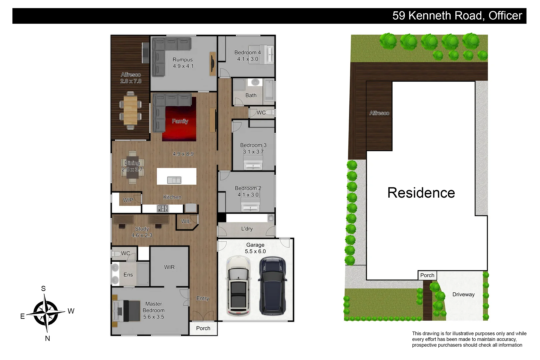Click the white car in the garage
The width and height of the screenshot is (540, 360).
(238, 286)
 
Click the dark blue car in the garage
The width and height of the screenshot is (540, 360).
(273, 286)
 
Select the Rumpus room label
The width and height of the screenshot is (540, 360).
(183, 60)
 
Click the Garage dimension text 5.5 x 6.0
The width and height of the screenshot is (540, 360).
(255, 251)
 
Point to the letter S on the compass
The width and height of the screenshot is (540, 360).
(43, 289)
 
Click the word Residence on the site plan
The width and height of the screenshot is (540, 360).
(421, 193)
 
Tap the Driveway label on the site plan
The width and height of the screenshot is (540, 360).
(463, 294)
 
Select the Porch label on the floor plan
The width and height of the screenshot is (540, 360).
(203, 328)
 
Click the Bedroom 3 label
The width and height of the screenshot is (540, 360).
(253, 145)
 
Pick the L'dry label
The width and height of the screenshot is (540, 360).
(247, 229)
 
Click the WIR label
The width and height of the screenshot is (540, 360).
(169, 267)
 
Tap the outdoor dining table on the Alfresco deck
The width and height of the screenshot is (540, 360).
(130, 110)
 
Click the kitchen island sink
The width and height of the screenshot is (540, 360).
(174, 180)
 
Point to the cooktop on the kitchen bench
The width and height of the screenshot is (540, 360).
(163, 209)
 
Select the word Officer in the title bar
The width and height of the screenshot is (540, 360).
(505, 16)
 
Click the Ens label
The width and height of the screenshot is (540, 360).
(128, 275)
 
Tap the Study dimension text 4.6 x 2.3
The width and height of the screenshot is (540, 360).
(142, 235)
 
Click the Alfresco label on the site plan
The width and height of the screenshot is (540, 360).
(379, 113)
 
